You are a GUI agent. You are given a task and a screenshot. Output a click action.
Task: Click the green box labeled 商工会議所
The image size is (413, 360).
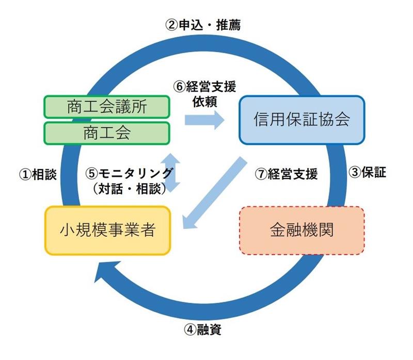click(x=107, y=107)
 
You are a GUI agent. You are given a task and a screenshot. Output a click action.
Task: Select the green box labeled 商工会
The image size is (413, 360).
click(x=107, y=133)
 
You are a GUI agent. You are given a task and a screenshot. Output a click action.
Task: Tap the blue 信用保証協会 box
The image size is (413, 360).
click(x=301, y=119)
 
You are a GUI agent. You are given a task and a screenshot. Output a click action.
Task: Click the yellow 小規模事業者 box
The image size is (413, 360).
click(x=107, y=230)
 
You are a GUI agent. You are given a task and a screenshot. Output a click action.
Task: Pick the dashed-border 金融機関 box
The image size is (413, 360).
click(x=302, y=230)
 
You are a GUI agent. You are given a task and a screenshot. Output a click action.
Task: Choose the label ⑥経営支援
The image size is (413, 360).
click(x=205, y=86)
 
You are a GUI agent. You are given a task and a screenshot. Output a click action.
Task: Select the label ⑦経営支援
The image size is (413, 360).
click(x=287, y=174)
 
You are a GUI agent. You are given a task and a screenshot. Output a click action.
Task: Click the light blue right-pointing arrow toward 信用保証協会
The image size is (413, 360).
click(x=204, y=120)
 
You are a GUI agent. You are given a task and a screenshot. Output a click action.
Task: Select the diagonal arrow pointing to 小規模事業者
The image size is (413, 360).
click(x=214, y=193)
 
